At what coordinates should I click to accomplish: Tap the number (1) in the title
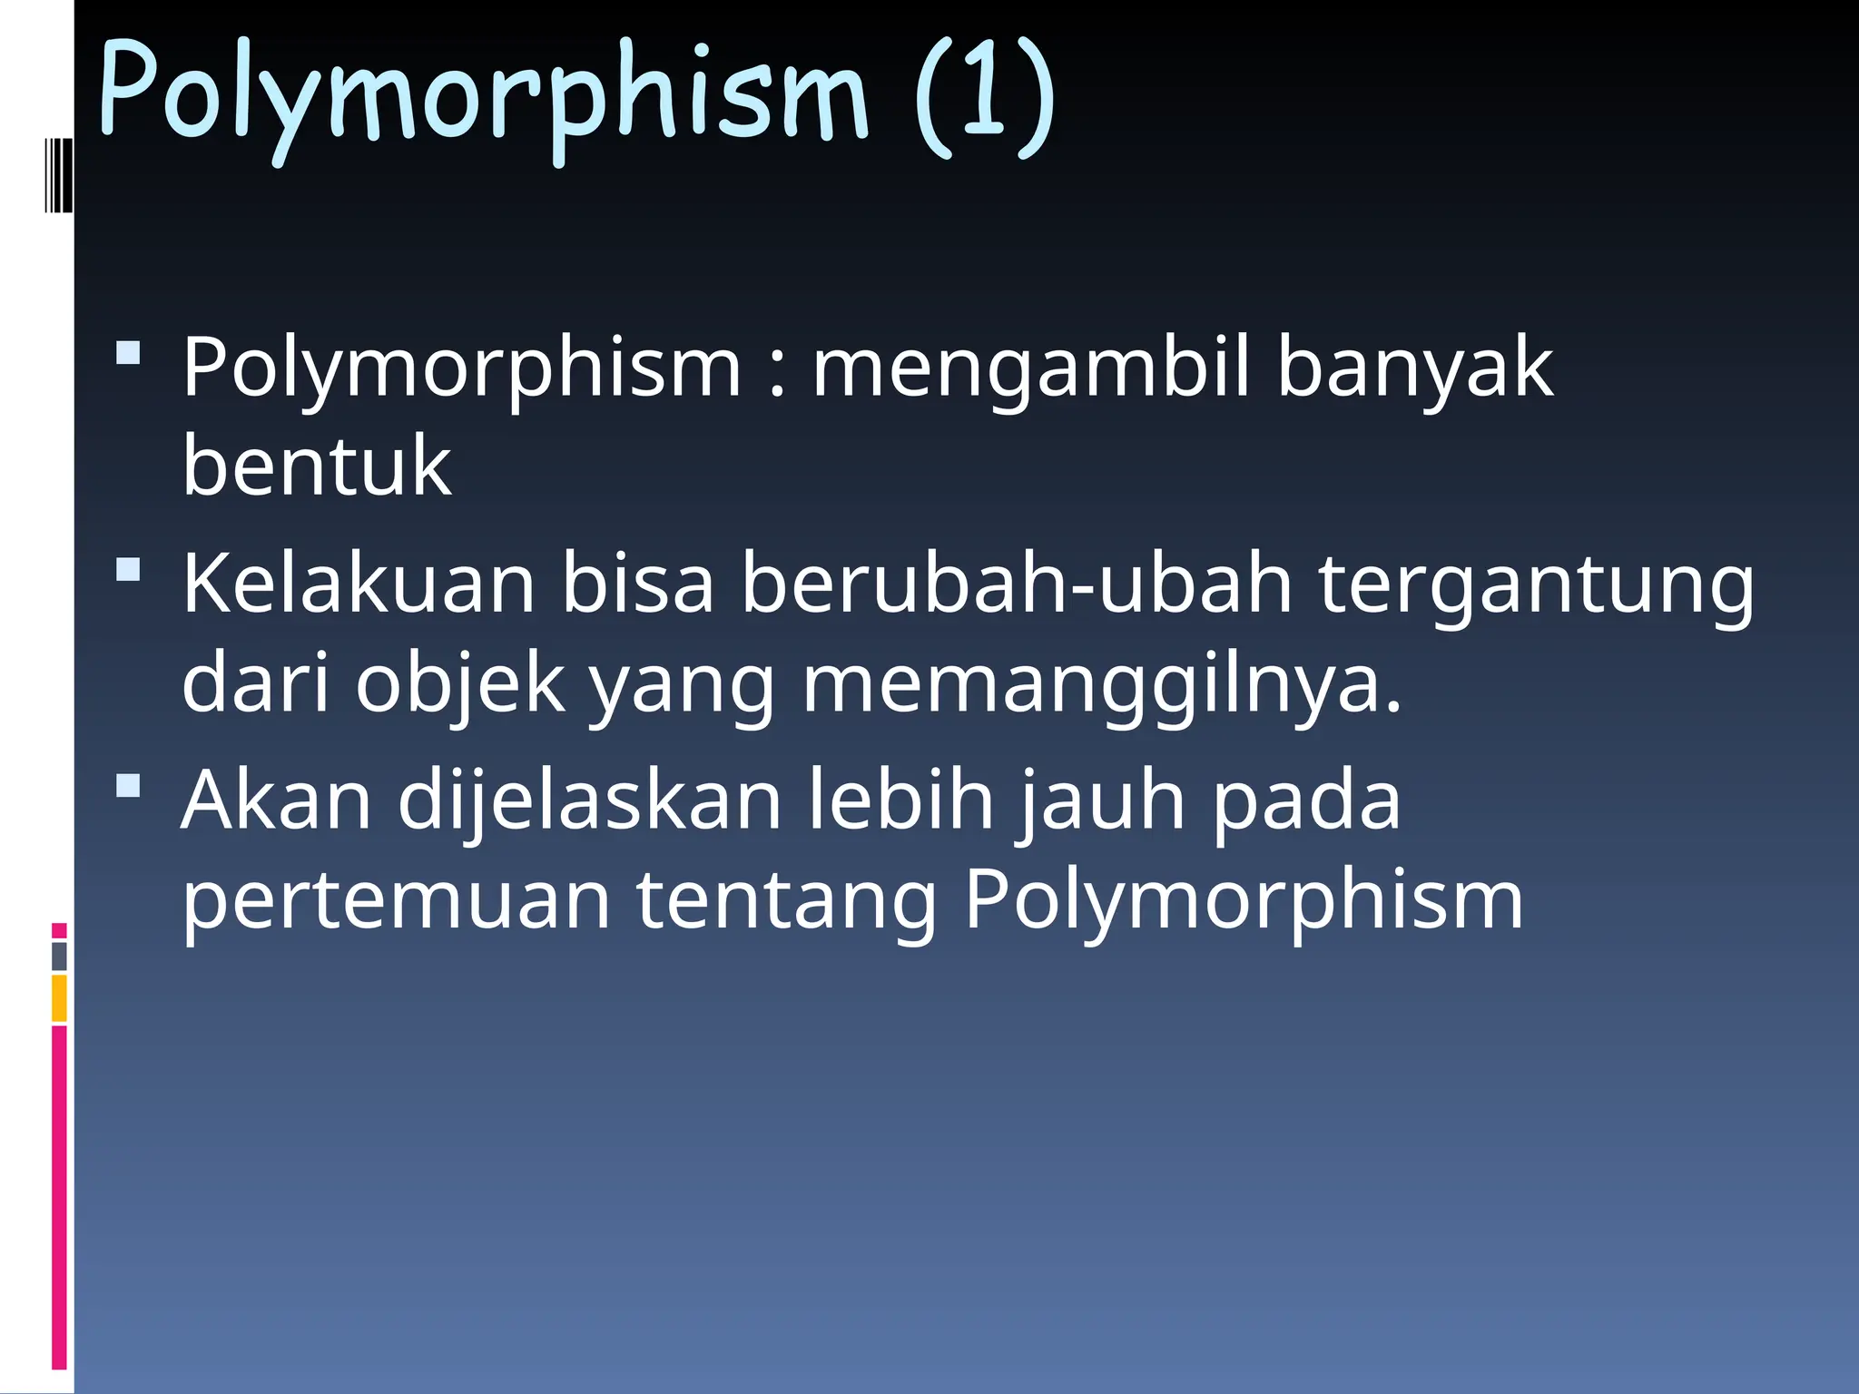click(985, 95)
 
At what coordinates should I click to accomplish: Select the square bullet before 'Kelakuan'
click(129, 570)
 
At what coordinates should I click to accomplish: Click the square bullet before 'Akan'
click(129, 785)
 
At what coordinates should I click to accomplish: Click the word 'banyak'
click(1415, 368)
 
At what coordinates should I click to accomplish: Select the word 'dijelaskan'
click(590, 800)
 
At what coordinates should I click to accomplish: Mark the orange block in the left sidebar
click(60, 998)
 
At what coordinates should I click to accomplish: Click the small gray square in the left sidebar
click(60, 957)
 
